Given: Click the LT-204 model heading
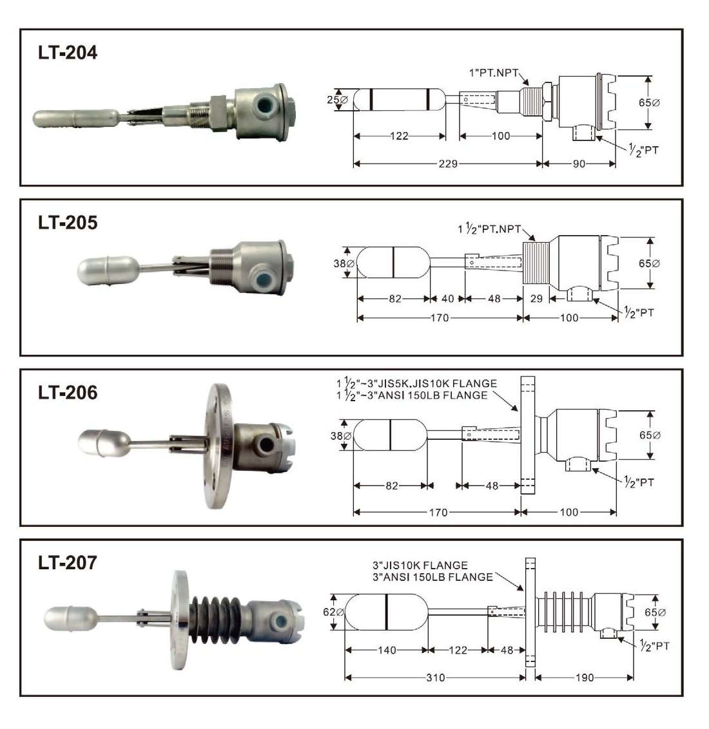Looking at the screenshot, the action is pos(68,52).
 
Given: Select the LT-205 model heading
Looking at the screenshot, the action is pos(68,222).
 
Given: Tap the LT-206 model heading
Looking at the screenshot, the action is pos(68,392).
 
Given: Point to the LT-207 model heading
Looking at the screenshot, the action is pos(68,563).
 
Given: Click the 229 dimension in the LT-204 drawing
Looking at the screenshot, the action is pos(448,164).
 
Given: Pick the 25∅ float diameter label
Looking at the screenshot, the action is pos(337,99).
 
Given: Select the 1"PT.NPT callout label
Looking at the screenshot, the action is pos(493,73).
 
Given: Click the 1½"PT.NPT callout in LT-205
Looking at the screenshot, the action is pos(489,228).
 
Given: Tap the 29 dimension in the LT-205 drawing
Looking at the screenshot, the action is pos(536,298).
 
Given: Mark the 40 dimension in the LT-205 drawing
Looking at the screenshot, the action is pos(447,298).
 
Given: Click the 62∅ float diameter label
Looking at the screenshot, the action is pos(333,612).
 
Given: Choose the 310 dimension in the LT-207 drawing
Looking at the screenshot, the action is pos(436,677).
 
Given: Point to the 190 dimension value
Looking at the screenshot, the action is pos(585,677).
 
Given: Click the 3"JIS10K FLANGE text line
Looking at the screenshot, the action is pos(420,565).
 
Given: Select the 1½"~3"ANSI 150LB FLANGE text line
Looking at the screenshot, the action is pos(413,395).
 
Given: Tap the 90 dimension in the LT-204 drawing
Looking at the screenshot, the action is pos(579,164).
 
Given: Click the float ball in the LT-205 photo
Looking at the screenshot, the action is pos(108,271).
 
